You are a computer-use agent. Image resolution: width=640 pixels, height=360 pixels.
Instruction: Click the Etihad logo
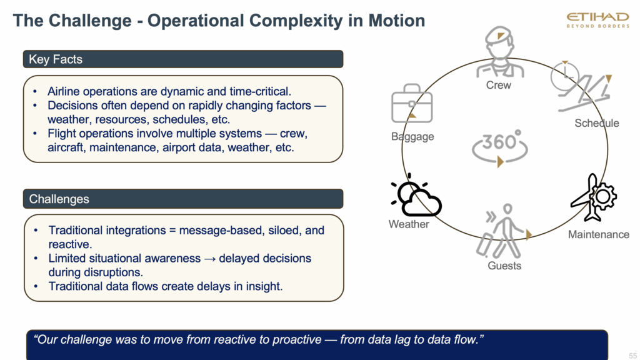(x=597, y=20)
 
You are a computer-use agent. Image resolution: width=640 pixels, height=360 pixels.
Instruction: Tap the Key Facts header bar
(x=183, y=59)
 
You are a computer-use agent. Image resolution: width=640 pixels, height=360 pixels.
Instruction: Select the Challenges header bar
(x=183, y=199)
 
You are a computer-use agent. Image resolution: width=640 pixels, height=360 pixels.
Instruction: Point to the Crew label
(x=499, y=85)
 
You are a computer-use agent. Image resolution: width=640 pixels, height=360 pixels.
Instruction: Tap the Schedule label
(x=597, y=123)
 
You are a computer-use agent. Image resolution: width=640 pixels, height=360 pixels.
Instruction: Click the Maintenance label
(x=598, y=234)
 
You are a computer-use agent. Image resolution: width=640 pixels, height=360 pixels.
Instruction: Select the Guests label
(x=504, y=266)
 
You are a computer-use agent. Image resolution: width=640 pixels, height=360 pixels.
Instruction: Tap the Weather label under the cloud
(x=409, y=224)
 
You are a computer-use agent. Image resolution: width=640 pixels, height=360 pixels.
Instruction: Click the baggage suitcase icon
(x=411, y=106)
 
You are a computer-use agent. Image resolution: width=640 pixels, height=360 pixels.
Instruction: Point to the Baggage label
(x=412, y=136)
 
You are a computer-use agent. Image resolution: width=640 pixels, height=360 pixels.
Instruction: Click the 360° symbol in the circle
(x=500, y=146)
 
